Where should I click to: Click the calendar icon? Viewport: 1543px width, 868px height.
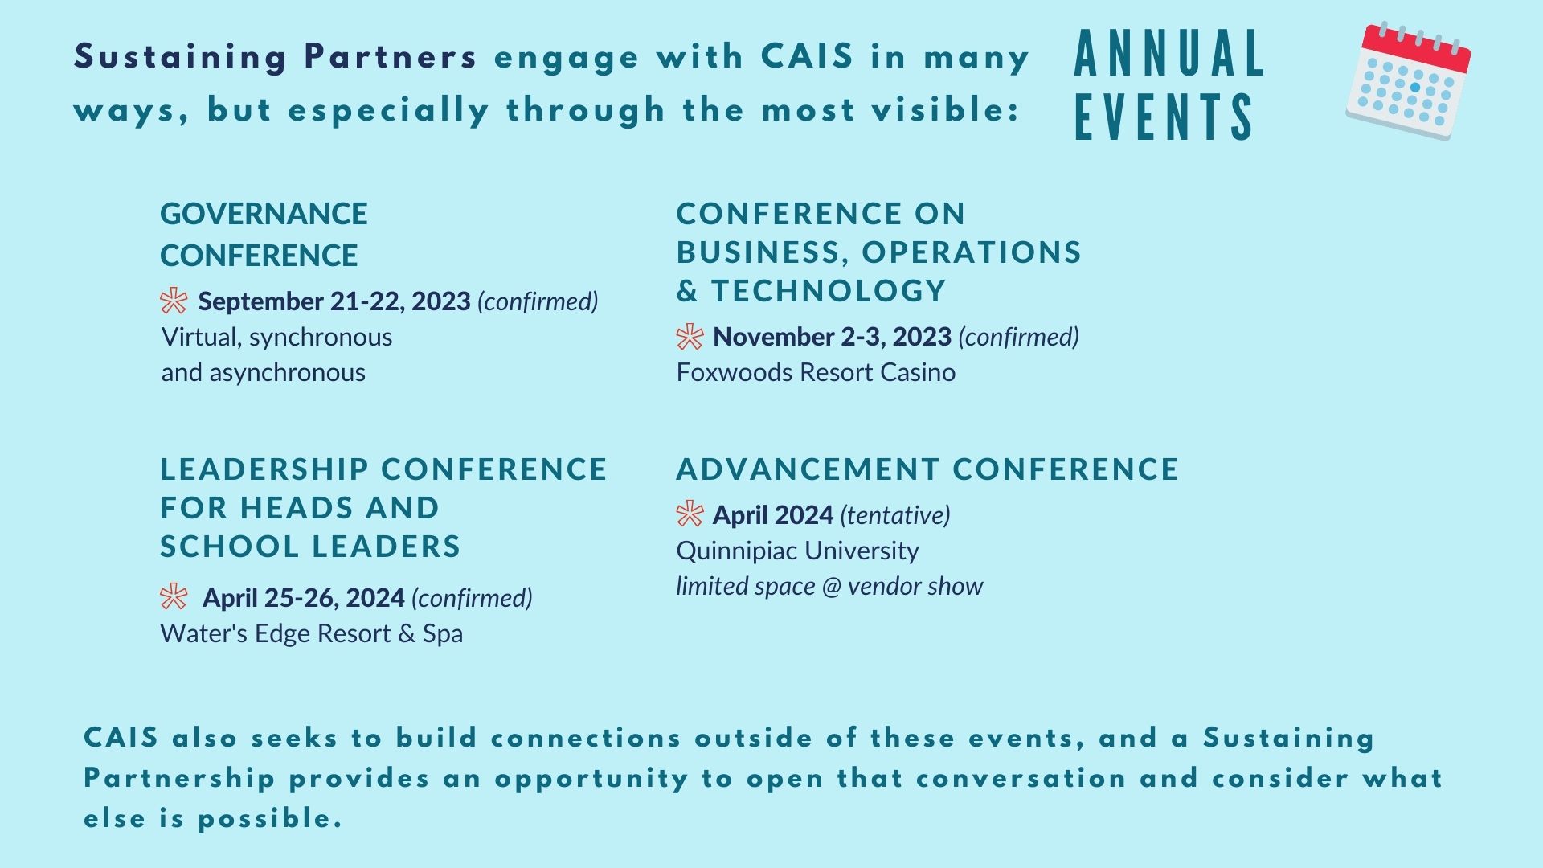pos(1408,80)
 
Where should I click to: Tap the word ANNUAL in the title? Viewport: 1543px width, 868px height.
pos(1169,55)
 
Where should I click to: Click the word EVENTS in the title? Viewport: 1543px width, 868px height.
pos(1164,117)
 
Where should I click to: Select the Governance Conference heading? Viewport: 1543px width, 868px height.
pos(264,234)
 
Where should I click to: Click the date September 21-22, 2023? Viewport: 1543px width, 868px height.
pos(334,301)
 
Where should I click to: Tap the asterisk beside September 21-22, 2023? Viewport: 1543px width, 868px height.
pos(174,301)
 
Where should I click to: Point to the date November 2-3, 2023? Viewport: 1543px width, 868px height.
pos(832,337)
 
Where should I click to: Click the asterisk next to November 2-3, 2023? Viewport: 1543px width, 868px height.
pos(690,337)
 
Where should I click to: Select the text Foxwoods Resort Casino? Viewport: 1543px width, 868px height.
pos(816,372)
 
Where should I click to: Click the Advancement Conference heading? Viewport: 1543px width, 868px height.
pos(927,469)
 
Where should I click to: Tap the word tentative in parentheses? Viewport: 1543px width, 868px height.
pos(895,515)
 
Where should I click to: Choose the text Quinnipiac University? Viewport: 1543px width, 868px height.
pos(797,551)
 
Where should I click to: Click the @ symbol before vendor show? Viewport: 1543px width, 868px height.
pos(831,587)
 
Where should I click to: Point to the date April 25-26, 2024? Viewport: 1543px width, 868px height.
pos(303,598)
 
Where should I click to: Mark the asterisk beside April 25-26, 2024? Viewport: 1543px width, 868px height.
pos(174,597)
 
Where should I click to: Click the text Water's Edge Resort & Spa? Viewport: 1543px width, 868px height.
pos(312,633)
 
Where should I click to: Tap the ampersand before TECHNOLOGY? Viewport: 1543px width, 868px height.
pos(687,291)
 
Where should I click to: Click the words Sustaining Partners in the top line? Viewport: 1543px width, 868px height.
pos(276,57)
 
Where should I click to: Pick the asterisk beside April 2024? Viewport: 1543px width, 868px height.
pos(690,514)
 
